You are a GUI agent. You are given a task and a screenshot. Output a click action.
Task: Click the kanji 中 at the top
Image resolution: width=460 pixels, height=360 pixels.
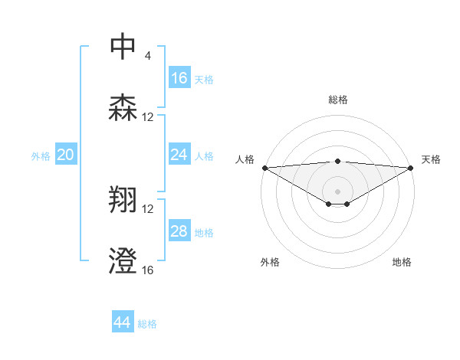pos(123,47)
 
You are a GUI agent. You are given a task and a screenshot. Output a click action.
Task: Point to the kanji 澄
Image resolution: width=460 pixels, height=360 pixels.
pos(123,261)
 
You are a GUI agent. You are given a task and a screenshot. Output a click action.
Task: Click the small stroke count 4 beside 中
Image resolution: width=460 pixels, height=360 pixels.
pos(148,56)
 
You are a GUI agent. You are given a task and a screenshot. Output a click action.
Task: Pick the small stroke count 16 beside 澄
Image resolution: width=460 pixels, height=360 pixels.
pos(148,270)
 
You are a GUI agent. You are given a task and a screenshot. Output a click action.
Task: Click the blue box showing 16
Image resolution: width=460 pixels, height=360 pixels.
pos(179,78)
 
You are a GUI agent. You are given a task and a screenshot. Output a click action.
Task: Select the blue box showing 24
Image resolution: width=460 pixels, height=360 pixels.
pos(179,155)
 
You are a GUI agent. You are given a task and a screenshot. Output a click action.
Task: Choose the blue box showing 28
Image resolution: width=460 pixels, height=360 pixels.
pos(179,231)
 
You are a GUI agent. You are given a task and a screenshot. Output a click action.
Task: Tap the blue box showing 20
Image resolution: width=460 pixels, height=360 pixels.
pos(66,155)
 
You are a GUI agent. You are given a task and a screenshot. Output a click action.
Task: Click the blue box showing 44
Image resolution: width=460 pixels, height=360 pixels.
pos(123,322)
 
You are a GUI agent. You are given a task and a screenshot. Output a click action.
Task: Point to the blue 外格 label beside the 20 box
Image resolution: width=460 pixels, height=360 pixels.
pos(41,155)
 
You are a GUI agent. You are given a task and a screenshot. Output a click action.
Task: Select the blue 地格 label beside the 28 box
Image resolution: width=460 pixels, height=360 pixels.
pos(205,232)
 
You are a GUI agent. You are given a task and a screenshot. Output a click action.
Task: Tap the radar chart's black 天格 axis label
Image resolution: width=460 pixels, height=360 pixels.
pos(432,159)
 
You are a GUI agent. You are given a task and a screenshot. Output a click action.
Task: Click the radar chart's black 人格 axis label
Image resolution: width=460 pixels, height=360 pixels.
pos(245,159)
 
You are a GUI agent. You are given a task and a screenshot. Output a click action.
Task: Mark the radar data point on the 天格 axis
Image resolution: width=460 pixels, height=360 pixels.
pos(411,168)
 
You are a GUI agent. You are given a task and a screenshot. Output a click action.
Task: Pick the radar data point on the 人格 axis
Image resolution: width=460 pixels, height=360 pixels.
pos(264,168)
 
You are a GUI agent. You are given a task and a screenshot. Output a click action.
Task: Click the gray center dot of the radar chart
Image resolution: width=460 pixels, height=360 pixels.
pos(337,190)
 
